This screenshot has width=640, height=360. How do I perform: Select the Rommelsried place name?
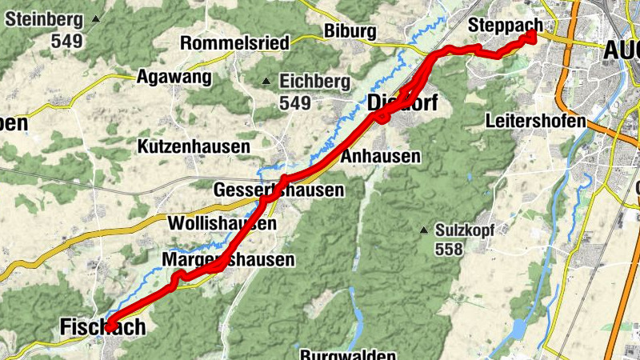(235, 43)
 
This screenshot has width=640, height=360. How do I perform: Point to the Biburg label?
(350, 31)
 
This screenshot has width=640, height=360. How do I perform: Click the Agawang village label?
(174, 78)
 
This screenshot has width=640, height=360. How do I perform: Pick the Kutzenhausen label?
(194, 147)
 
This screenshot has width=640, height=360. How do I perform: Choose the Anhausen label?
(380, 157)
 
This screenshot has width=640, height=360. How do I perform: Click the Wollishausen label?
(222, 223)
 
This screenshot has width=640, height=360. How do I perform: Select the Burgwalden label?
(348, 354)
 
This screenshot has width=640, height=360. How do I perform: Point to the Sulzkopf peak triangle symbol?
(424, 230)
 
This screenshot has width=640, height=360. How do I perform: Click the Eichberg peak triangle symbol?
(267, 81)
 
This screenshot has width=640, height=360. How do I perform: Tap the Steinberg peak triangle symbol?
(97, 18)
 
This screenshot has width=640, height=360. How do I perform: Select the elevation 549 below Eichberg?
(295, 102)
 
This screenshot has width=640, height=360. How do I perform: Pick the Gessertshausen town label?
(278, 190)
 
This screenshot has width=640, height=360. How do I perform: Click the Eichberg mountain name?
(315, 81)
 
